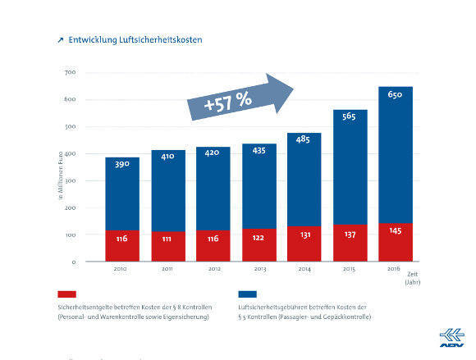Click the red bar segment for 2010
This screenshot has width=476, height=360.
(122, 246)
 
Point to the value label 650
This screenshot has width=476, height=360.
(395, 96)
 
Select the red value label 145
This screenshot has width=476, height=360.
(395, 231)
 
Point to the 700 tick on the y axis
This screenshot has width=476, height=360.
(70, 73)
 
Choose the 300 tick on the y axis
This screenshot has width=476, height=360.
(70, 180)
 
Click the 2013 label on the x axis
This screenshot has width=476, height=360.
(259, 268)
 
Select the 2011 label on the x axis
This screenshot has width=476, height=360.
(167, 268)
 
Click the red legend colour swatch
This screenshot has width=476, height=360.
(67, 294)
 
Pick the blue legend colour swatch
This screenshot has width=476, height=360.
(246, 294)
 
